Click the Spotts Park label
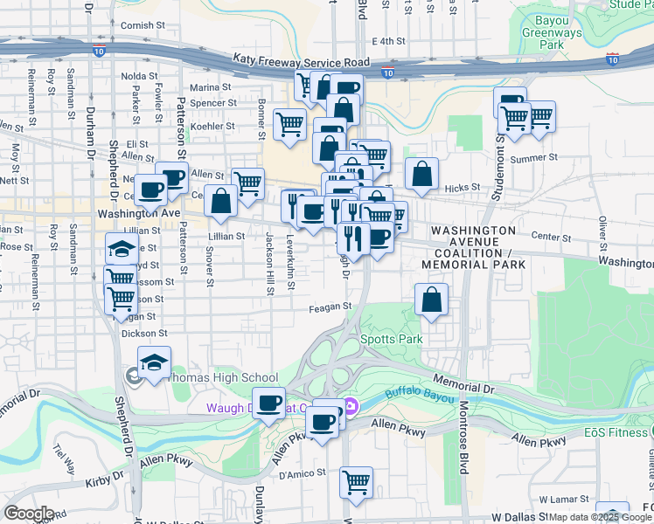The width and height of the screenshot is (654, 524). pyautogui.click(x=392, y=339)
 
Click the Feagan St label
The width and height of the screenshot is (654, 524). pyautogui.click(x=330, y=307)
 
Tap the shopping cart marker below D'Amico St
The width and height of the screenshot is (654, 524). pyautogui.click(x=357, y=482)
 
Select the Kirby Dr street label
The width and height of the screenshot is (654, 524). pyautogui.click(x=101, y=482)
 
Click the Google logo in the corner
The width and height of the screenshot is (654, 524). pyautogui.click(x=29, y=514)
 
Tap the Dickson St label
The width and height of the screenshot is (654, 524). pyautogui.click(x=145, y=333)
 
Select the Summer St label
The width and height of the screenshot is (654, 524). pyautogui.click(x=533, y=158)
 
